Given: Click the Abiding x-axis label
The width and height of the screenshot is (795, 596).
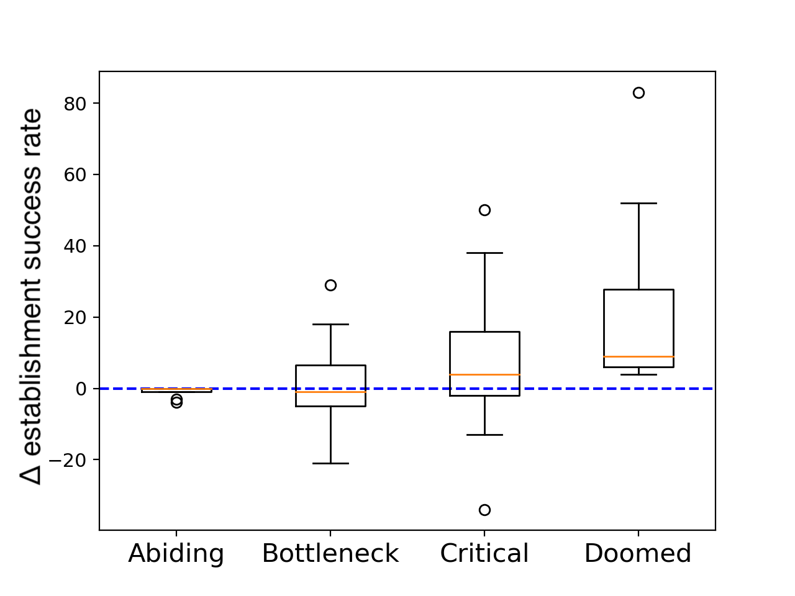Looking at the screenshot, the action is (176, 554).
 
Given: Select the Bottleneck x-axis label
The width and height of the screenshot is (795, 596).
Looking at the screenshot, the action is (330, 553).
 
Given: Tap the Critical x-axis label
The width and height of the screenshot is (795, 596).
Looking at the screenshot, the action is (484, 553).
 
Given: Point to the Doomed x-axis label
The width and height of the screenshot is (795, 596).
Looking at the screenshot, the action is (638, 553).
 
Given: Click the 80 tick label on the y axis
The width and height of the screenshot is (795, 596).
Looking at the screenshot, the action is (75, 104).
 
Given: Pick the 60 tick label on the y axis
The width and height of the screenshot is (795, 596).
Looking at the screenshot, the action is (75, 175).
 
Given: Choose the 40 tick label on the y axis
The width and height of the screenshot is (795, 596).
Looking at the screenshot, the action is (75, 246).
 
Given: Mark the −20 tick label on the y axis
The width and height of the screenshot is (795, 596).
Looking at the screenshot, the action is (68, 460).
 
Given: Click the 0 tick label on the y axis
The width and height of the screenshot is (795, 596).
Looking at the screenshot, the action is (81, 389).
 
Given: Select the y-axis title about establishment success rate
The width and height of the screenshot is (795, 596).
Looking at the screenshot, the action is (31, 296).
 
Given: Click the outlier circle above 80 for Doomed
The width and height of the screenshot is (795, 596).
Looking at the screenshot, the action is (638, 93).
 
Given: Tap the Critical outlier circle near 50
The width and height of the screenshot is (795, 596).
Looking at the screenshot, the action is (484, 210).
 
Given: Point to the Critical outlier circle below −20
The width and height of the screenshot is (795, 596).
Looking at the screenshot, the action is (484, 510).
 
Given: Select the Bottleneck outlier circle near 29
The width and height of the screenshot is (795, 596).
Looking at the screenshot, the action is (330, 285).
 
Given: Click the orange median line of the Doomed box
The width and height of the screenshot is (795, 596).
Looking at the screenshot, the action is (638, 357).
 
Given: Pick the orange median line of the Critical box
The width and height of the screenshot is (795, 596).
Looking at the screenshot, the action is (484, 374).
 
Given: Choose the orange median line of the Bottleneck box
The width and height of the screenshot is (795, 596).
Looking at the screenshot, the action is (330, 392).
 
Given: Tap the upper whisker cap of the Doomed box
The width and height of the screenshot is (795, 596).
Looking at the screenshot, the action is (638, 204).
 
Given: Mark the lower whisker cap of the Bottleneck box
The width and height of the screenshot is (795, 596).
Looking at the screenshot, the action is (330, 463).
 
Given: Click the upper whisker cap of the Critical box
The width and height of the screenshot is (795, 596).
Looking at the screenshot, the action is (484, 253).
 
